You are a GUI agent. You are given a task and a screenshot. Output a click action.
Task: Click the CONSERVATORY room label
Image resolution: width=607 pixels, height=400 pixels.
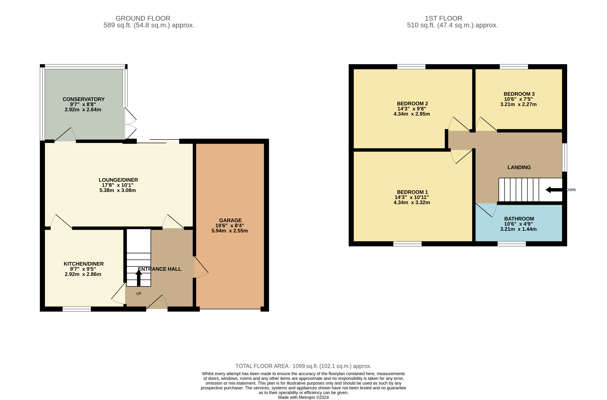pyautogui.click(x=83, y=99)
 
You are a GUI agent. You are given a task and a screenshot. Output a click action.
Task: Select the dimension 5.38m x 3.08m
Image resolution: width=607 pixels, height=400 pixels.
pyautogui.click(x=118, y=190)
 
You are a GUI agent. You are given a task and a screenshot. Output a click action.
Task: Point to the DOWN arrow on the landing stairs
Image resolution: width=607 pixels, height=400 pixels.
pyautogui.click(x=554, y=190)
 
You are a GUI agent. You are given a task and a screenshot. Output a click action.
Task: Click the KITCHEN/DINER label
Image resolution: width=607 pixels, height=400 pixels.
pyautogui.click(x=83, y=264)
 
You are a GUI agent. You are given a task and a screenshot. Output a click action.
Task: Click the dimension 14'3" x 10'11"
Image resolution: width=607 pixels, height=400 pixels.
pyautogui.click(x=411, y=197)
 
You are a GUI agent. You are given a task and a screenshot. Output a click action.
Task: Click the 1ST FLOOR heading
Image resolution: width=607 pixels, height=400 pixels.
pyautogui.click(x=443, y=18)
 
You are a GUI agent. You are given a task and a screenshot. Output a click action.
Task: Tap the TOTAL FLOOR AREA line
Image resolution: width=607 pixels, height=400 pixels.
pyautogui.click(x=303, y=366)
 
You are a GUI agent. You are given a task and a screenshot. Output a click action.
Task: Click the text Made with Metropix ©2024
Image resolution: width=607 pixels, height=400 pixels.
pyautogui.click(x=303, y=397)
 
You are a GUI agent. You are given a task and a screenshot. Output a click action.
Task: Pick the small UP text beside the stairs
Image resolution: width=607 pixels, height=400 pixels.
pyautogui.click(x=139, y=294)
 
